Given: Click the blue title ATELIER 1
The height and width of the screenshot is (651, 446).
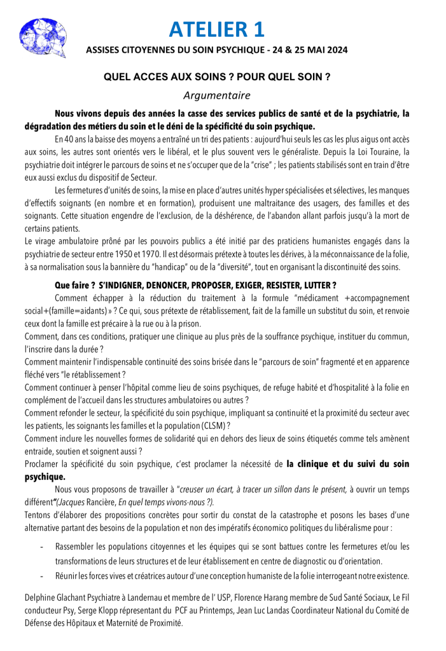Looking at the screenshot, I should (217, 29).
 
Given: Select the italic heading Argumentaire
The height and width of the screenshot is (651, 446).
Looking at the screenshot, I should (216, 96).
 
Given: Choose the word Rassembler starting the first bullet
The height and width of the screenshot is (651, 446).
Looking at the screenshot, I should (77, 546).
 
